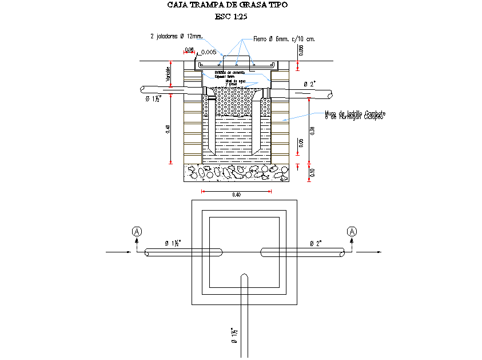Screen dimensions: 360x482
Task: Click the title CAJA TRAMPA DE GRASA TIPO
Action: coord(228,5)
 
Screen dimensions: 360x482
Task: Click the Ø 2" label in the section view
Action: coord(310,84)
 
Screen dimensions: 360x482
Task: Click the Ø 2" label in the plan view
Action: coord(316,244)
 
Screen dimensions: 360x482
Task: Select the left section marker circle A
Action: coord(137,231)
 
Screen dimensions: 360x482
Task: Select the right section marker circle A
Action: coord(352,231)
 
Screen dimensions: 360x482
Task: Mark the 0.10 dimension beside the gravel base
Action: coord(312,173)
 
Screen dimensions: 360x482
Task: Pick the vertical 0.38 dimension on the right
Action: coord(312,130)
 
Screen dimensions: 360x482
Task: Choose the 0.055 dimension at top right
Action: coord(301,51)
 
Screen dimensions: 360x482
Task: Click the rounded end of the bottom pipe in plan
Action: coord(244,277)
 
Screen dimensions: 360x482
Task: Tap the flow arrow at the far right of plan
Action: coord(369,251)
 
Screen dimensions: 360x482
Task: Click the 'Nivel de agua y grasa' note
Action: coord(236,82)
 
